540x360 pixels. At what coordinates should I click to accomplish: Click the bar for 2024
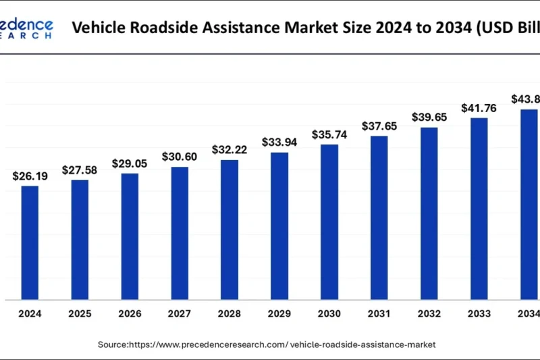(30, 242)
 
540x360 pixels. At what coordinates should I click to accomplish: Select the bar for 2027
(180, 233)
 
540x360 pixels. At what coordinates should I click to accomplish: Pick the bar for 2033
(479, 209)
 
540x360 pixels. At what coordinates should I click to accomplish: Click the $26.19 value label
(30, 176)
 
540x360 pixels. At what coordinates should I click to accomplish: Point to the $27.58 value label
(80, 170)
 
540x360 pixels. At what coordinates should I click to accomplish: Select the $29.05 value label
(130, 164)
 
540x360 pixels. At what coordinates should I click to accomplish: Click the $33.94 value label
(279, 143)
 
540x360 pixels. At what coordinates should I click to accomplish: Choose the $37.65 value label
(379, 126)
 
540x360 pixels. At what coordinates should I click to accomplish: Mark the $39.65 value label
(429, 118)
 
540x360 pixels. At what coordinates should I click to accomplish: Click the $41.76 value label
(479, 108)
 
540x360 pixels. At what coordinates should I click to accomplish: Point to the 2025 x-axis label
(80, 313)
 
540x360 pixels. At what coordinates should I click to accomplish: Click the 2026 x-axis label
(130, 313)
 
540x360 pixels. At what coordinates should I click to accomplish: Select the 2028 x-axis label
(230, 313)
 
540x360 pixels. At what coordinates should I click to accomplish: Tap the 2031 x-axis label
(379, 313)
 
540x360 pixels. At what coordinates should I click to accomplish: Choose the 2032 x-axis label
(429, 313)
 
